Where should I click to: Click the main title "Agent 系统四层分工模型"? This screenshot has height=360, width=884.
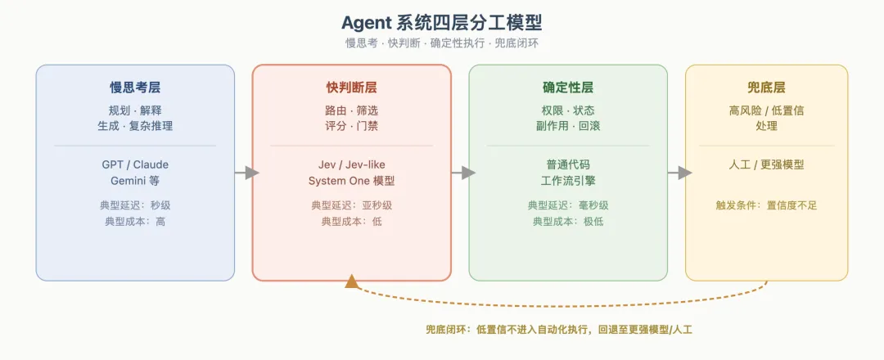point(441,23)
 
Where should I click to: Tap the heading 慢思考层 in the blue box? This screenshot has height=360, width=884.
point(135,88)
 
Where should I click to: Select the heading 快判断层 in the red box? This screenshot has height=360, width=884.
point(352,88)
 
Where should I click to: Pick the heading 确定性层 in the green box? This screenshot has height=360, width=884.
point(568,88)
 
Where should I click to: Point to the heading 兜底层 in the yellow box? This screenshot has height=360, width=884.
point(767,88)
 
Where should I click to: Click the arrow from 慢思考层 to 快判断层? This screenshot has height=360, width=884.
point(246,173)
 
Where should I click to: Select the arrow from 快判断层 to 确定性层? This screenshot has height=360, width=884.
point(463,173)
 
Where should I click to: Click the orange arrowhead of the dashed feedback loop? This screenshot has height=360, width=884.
point(352,281)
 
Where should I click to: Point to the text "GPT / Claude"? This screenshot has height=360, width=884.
point(135,165)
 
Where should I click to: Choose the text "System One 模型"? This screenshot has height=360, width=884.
point(352,181)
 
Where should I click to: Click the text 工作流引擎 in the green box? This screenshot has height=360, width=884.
point(568,181)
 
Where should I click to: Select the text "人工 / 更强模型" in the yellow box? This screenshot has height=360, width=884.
point(767,165)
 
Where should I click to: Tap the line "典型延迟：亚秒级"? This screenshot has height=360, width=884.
point(352,205)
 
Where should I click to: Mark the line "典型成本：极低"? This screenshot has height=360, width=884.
point(568,222)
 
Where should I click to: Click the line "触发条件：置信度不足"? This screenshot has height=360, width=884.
point(767,205)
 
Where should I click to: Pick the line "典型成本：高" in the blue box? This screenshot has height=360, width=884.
point(135,222)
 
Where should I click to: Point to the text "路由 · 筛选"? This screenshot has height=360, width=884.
point(352,110)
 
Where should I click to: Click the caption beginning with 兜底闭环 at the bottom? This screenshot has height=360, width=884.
point(559,330)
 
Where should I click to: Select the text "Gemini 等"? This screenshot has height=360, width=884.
point(135,181)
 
